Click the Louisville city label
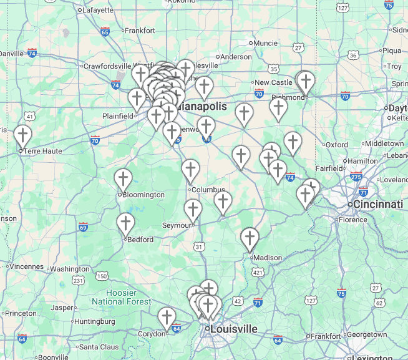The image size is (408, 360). pyautogui.click(x=234, y=329)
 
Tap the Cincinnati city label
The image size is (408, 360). pyautogui.click(x=378, y=204)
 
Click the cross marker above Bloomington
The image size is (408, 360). pyautogui.click(x=124, y=180)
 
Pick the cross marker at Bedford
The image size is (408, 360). pyautogui.click(x=126, y=224)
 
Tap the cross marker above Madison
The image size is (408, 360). pyautogui.click(x=250, y=238)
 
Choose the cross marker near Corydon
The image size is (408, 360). pyautogui.click(x=167, y=318)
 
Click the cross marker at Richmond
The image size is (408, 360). pyautogui.click(x=305, y=82)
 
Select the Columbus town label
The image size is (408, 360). pyautogui.click(x=208, y=190)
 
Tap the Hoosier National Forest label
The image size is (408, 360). pyautogui.click(x=121, y=298)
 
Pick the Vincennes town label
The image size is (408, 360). pyautogui.click(x=27, y=266)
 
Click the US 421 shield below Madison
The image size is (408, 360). pyautogui.click(x=257, y=272)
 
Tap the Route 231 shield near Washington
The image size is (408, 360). pyautogui.click(x=78, y=281)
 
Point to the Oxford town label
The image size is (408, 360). pyautogui.click(x=337, y=144)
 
